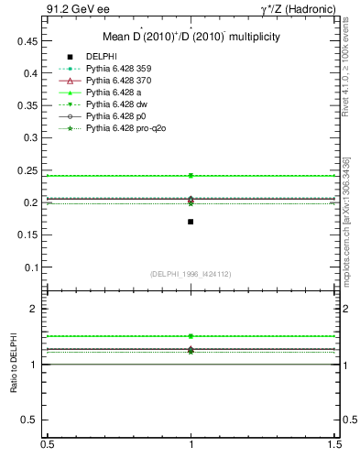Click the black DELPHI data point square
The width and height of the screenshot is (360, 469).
[x=191, y=222]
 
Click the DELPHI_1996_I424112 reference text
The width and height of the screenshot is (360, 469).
[x=191, y=274]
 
